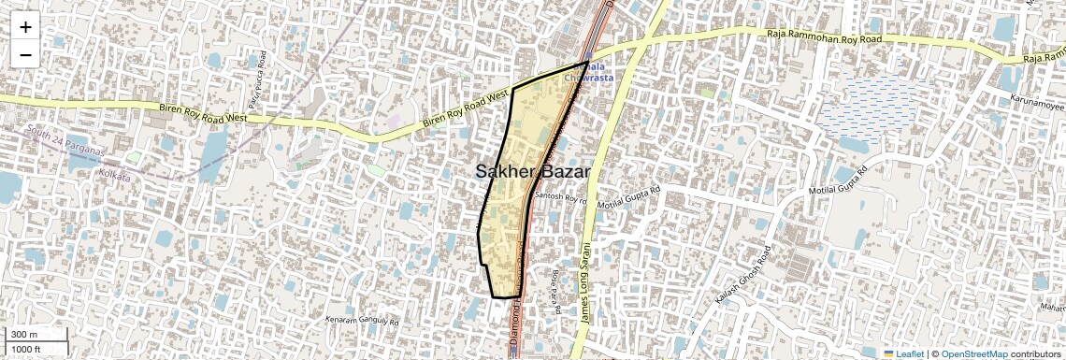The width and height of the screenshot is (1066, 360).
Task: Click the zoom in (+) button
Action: click(25, 26)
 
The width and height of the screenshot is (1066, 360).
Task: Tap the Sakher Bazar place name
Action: click(533, 171)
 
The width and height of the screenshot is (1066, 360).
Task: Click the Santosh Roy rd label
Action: click(559, 198)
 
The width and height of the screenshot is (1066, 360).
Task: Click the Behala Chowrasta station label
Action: click(588, 72)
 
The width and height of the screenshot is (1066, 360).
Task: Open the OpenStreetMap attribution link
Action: click(973, 354)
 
